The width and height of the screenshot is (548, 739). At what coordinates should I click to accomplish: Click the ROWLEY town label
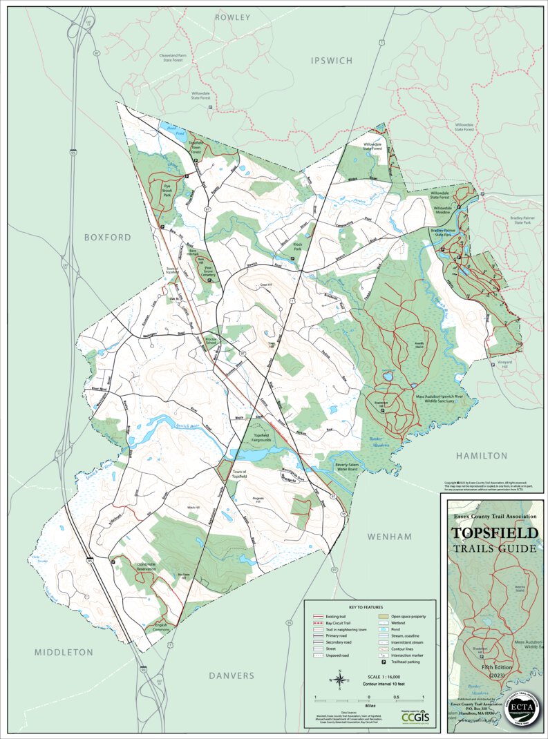[232, 17]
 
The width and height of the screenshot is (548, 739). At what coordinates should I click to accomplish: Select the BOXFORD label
[107, 237]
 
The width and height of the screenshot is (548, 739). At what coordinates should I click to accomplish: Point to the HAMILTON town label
[481, 456]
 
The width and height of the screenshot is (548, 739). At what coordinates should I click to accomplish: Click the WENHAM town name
[389, 536]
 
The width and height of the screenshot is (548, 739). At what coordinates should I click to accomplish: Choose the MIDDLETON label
[64, 652]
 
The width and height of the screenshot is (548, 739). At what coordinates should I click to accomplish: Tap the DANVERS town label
[232, 675]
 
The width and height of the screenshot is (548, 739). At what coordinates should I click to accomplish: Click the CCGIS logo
[414, 719]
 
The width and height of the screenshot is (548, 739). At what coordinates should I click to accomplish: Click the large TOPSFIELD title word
[493, 533]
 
